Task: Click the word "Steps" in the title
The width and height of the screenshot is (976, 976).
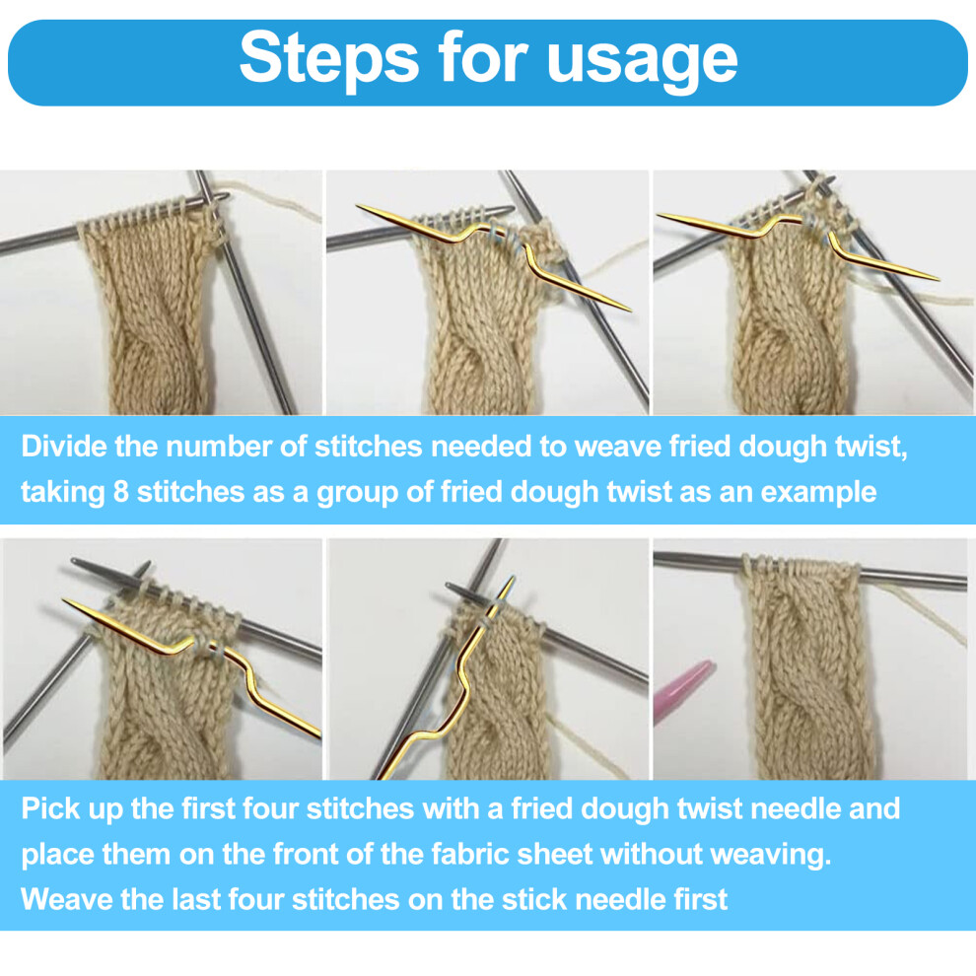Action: coord(328,58)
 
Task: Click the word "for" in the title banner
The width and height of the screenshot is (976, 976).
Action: coord(482,56)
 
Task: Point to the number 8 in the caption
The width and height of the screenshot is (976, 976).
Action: coord(120,492)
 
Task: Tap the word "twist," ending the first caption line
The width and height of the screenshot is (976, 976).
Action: coord(871,448)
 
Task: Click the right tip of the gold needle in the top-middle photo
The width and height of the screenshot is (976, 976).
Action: coord(630,310)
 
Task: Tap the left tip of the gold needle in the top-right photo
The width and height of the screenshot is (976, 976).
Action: coord(659,216)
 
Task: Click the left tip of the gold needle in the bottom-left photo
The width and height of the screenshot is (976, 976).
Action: coord(64,600)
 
